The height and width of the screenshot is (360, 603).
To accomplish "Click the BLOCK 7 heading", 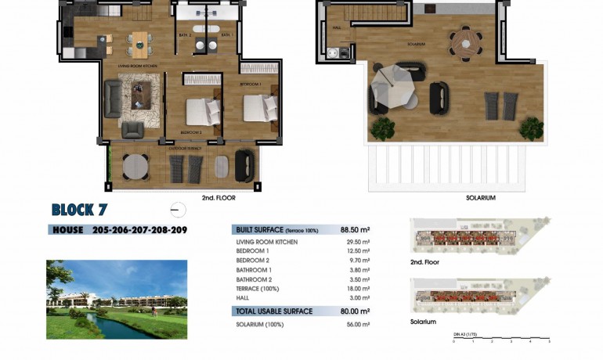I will pos(79,210).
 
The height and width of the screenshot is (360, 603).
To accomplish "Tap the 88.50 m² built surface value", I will pos(355,230).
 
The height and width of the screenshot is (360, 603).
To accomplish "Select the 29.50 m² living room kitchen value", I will pos(358,243).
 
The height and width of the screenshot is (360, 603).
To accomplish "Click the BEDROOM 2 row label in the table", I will pos(252,260).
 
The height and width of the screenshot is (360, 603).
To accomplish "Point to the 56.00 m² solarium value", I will pos(358,324).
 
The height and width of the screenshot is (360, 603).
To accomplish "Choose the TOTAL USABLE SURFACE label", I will pos(274,311).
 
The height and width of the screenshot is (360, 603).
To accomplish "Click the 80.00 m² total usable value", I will pos(355,311).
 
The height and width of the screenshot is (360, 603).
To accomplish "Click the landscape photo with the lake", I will pos(117,300).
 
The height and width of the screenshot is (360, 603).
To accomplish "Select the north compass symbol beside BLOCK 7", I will pos(178,210).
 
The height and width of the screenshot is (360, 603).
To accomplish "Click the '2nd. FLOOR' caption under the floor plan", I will pos(218,198).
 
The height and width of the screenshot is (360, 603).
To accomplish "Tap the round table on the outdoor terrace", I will pos(135,166).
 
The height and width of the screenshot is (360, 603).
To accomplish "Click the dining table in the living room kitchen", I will pos(141,44).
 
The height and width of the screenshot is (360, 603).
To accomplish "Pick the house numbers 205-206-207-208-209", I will pos(139,230).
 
